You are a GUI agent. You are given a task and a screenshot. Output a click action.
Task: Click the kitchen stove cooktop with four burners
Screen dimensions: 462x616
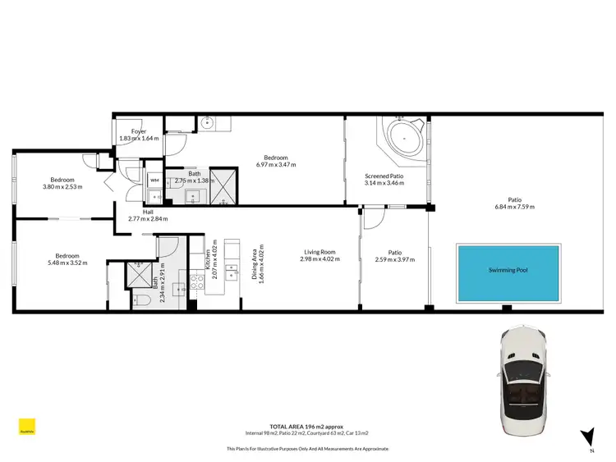point(198,282)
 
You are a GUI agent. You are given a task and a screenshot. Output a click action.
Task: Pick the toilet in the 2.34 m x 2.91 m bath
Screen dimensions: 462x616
point(140,300)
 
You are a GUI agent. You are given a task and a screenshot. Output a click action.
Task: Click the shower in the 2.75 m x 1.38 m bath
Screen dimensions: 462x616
point(222,190)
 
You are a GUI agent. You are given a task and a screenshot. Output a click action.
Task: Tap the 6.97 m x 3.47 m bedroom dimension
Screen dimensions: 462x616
point(275,165)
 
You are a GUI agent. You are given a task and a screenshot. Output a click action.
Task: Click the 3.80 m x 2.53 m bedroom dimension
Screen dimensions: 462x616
point(62,187)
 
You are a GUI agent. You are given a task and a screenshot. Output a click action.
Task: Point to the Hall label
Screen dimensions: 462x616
point(147,212)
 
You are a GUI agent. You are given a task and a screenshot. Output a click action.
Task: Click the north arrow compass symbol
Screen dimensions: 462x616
point(586,437)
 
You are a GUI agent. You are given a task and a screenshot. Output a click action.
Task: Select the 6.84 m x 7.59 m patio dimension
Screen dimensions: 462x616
point(515,207)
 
